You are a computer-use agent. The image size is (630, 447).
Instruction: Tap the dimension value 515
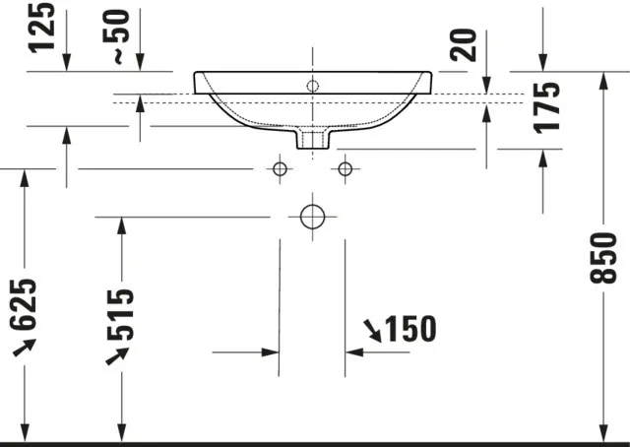119,313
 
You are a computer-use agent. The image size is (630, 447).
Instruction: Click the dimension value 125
40,31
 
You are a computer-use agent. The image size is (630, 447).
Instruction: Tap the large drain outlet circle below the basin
312,216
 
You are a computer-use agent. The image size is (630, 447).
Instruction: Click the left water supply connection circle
280,169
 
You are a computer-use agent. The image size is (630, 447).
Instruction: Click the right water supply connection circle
345,169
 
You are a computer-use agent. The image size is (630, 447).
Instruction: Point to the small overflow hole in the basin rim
313,87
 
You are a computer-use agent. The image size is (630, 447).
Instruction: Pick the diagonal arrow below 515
118,354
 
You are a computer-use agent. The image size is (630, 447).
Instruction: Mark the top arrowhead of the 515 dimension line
121,225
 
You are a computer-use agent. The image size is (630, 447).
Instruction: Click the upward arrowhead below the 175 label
543,159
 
